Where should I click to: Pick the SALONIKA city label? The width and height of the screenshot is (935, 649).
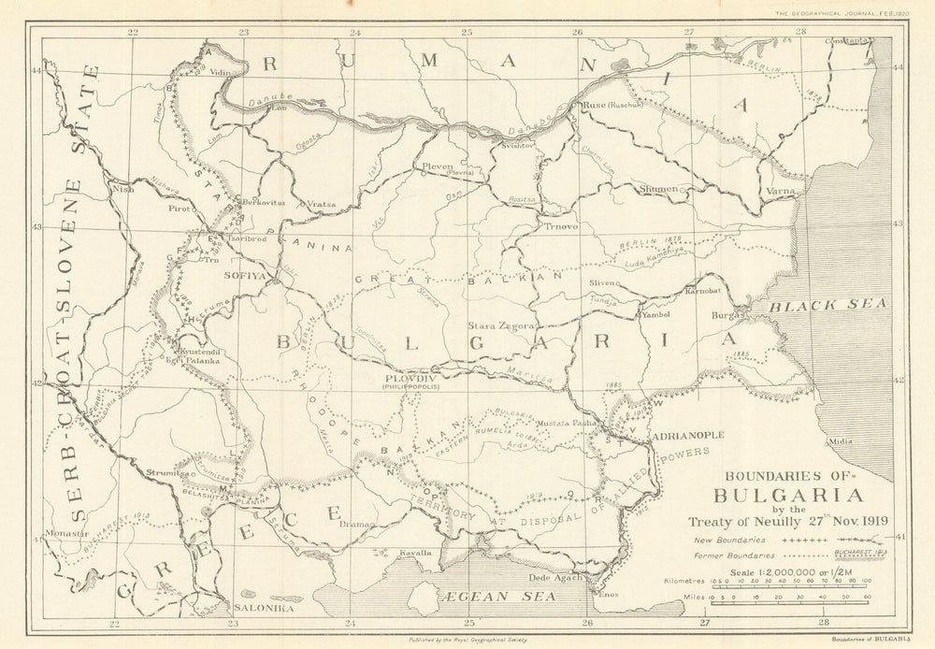(x=263, y=607)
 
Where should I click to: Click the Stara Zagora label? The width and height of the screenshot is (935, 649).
(x=501, y=325)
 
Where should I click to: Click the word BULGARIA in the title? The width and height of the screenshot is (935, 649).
(x=788, y=496)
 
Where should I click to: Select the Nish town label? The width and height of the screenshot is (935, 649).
(x=122, y=187)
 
